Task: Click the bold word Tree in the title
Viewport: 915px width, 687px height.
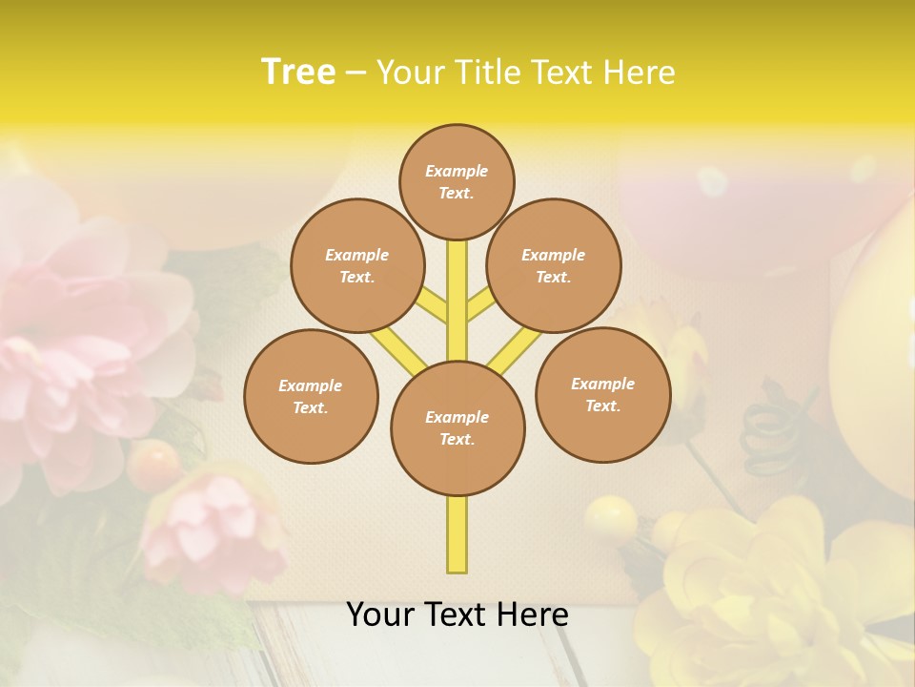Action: [x=298, y=73]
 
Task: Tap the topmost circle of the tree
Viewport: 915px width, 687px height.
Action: [x=457, y=181]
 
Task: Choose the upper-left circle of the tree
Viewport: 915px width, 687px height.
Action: [x=357, y=265]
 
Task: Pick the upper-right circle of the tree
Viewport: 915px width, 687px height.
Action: [x=554, y=265]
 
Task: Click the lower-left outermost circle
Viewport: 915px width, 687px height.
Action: [x=311, y=396]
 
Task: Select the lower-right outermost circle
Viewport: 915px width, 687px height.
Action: [x=602, y=394]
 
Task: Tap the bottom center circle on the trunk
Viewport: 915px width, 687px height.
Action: [x=457, y=428]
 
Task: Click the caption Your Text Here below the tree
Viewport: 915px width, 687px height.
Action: [x=457, y=615]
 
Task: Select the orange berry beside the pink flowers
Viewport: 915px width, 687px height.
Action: [x=153, y=464]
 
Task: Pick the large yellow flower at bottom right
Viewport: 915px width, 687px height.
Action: [x=762, y=592]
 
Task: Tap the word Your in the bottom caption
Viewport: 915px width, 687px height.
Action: [x=379, y=615]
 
